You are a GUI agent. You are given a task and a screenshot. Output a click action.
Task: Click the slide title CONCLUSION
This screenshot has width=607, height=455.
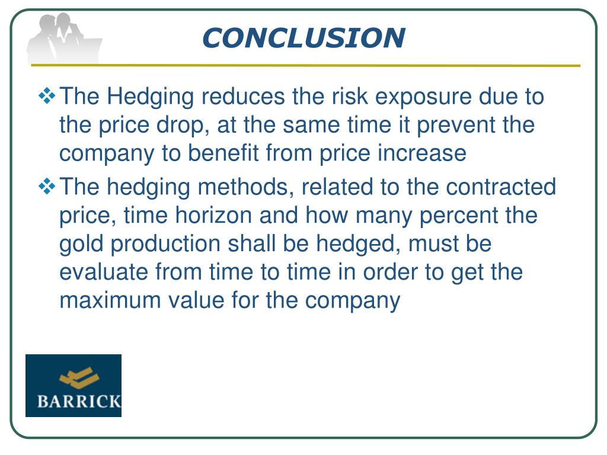coord(303,38)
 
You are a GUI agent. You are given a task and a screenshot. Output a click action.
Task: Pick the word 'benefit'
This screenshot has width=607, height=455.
coord(224,153)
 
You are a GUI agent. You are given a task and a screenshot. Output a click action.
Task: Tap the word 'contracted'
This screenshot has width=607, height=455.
coord(501,187)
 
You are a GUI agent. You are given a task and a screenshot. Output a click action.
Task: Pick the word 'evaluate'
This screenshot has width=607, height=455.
coord(104,273)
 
